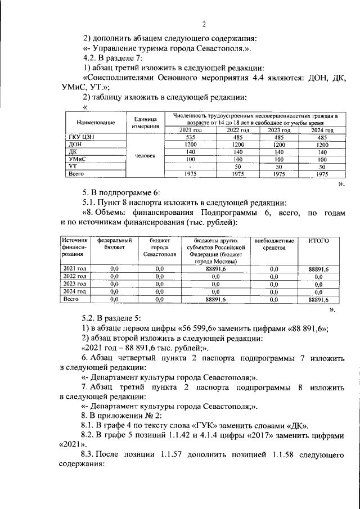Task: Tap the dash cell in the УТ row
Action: pos(190,167)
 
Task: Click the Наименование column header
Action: pos(88,122)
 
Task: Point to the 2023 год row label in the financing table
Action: pos(74,284)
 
